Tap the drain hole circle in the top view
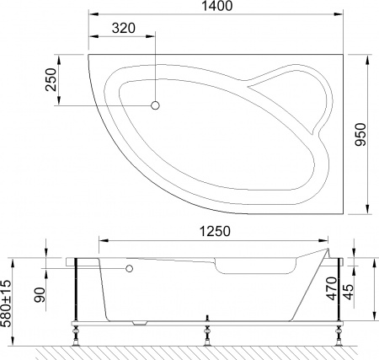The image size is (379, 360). (x=155, y=105)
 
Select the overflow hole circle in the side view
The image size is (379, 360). (x=130, y=269)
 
